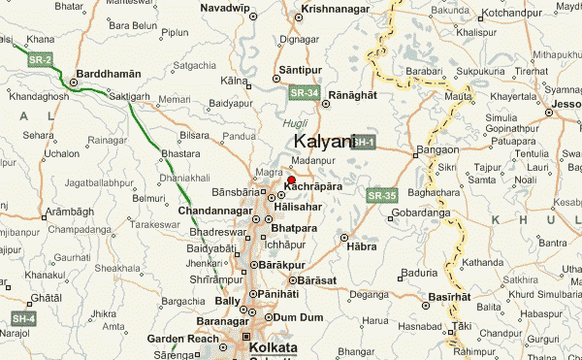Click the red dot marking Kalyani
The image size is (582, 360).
tap(291, 180)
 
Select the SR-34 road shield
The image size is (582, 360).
tap(304, 92)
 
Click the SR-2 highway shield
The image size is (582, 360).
tap(40, 60)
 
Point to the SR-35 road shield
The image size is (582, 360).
tap(382, 195)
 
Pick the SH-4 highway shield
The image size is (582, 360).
tap(23, 318)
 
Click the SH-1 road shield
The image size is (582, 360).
tap(362, 143)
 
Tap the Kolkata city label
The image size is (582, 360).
tap(273, 346)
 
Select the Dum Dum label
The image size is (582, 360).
tap(297, 316)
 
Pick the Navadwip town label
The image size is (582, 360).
tap(225, 8)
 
